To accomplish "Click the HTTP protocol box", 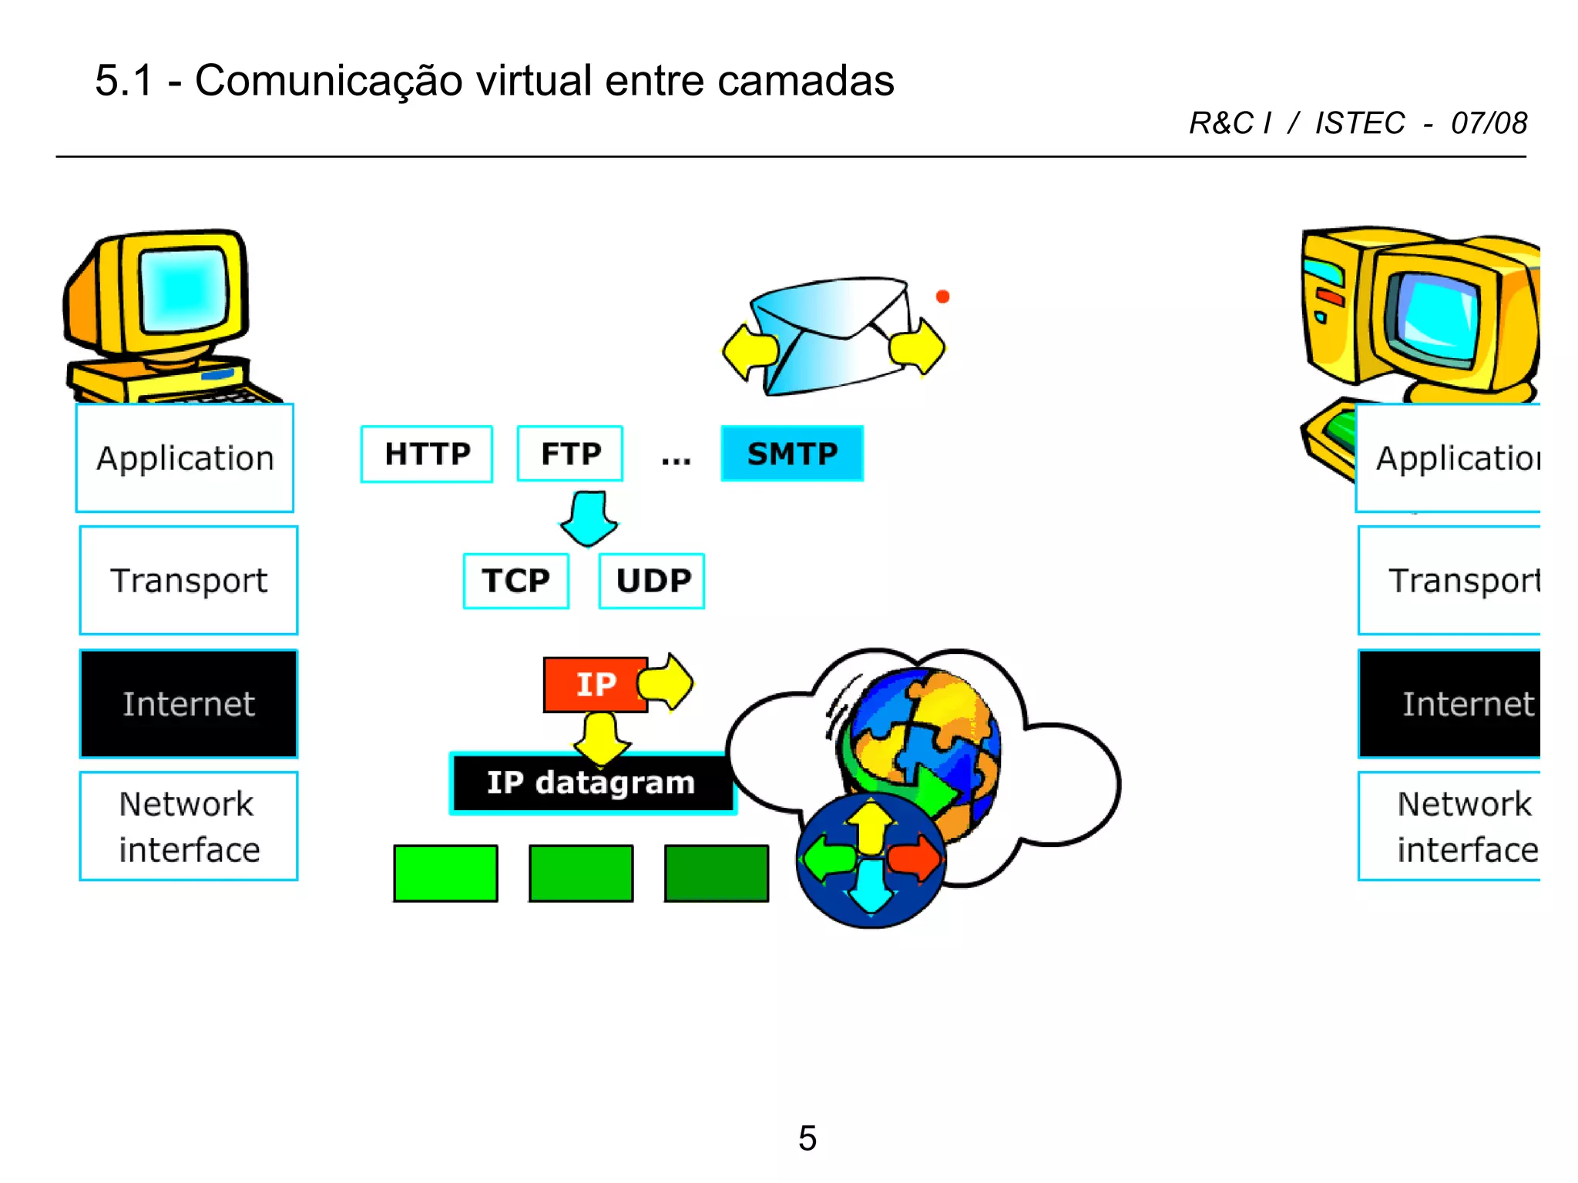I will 426,454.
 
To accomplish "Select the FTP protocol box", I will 570,454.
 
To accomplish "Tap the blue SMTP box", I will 792,454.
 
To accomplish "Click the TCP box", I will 515,581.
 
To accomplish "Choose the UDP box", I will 652,581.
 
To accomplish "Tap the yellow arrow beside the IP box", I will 666,682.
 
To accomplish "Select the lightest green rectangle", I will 445,873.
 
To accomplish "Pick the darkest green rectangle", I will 716,873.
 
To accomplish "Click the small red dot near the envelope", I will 942,297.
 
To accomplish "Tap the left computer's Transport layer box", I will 189,581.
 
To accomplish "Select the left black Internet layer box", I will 189,704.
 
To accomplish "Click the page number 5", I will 807,1138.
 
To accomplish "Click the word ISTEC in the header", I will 1359,123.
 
